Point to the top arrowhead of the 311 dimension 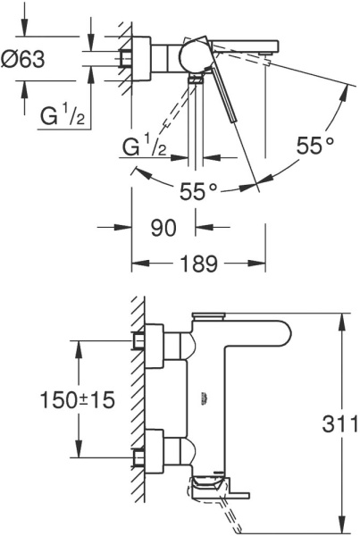coord(344,317)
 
